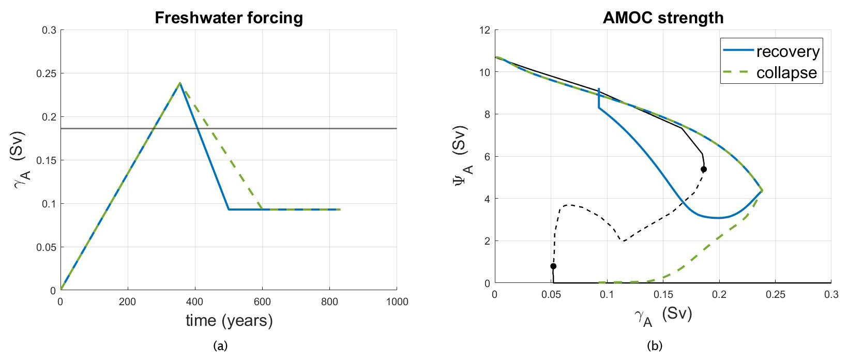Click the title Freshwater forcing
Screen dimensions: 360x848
229,18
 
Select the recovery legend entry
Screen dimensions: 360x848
788,52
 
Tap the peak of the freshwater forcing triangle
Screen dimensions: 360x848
180,83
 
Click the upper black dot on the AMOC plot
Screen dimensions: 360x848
704,169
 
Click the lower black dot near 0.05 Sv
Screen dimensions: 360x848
553,266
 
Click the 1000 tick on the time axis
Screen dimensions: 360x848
397,302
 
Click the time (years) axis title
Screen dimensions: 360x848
229,321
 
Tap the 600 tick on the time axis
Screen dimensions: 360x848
262,302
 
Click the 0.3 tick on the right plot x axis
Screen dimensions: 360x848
830,294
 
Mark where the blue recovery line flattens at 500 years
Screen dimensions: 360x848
229,209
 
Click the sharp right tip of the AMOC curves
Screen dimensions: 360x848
762,191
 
